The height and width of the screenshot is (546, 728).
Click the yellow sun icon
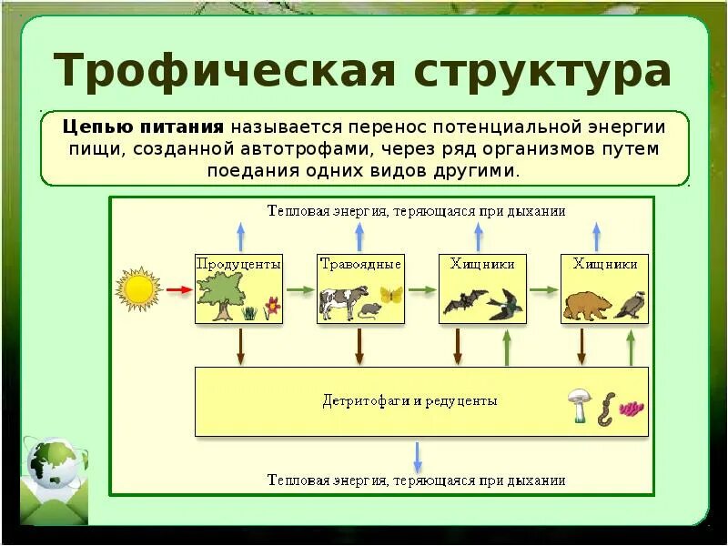[138, 289]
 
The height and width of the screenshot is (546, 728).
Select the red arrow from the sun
[179, 289]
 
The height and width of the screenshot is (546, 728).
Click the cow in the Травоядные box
[343, 300]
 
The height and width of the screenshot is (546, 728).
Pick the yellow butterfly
[391, 295]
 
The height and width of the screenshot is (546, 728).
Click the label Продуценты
[238, 264]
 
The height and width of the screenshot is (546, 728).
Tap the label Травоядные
[360, 264]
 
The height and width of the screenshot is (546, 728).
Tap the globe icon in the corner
[53, 463]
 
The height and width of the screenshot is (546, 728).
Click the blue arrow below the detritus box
[418, 454]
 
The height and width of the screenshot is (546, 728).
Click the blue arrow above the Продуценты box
[240, 235]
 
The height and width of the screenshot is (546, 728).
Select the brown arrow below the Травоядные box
[360, 345]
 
